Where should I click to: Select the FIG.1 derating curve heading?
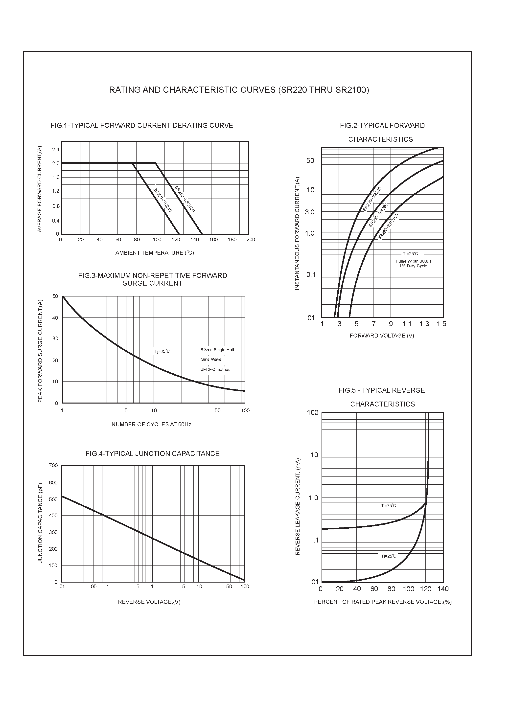[x=141, y=126]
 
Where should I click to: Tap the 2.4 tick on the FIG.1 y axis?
[x=56, y=150]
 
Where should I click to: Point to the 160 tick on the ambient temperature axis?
[x=213, y=240]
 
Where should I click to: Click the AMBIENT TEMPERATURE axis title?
[x=154, y=253]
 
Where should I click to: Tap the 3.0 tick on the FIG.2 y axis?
[x=309, y=212]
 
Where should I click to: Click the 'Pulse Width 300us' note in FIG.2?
[x=413, y=261]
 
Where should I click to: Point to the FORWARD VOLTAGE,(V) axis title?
[x=381, y=336]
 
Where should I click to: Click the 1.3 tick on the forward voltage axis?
[x=424, y=324]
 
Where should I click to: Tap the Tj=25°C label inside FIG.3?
[x=162, y=351]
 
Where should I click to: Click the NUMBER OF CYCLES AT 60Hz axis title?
[x=151, y=425]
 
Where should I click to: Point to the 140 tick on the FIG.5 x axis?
[x=443, y=589]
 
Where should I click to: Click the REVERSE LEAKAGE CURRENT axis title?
[x=298, y=506]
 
